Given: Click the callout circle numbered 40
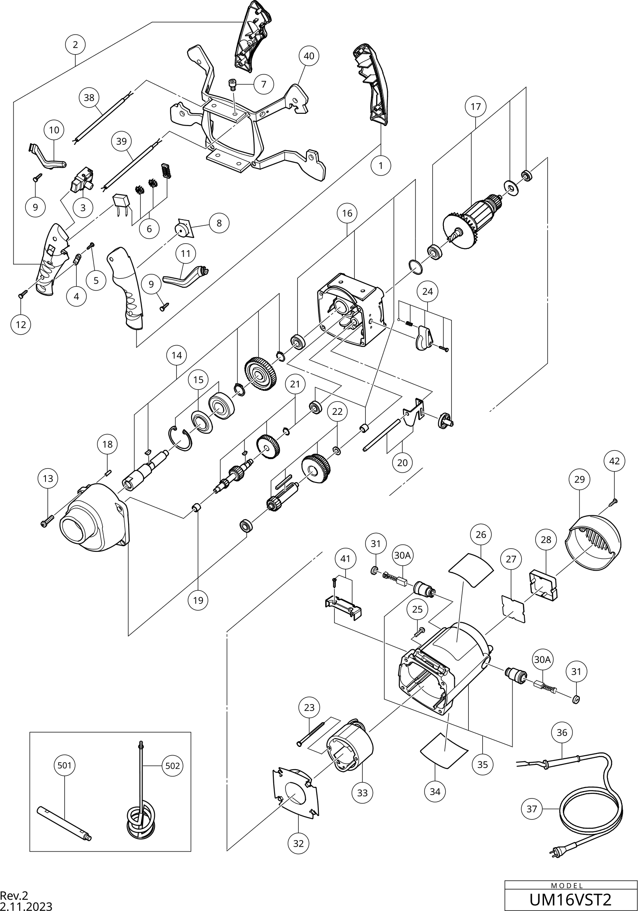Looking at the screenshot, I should [x=309, y=56].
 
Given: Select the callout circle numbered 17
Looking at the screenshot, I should [x=475, y=106].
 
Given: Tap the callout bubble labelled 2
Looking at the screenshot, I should [x=75, y=44].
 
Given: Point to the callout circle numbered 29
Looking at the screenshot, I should [x=579, y=479].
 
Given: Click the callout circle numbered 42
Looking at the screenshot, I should [x=614, y=461].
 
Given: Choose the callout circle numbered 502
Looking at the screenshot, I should [x=172, y=766].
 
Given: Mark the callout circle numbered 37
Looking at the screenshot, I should [x=531, y=809].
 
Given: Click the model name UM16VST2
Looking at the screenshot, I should [x=570, y=900].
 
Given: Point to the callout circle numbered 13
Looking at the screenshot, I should [x=48, y=478].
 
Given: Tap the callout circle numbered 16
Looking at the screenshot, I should [x=347, y=213].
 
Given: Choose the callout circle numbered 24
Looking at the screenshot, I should [x=428, y=291].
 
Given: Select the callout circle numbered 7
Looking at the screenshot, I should [x=264, y=84].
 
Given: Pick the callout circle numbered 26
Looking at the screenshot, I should [x=481, y=534].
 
